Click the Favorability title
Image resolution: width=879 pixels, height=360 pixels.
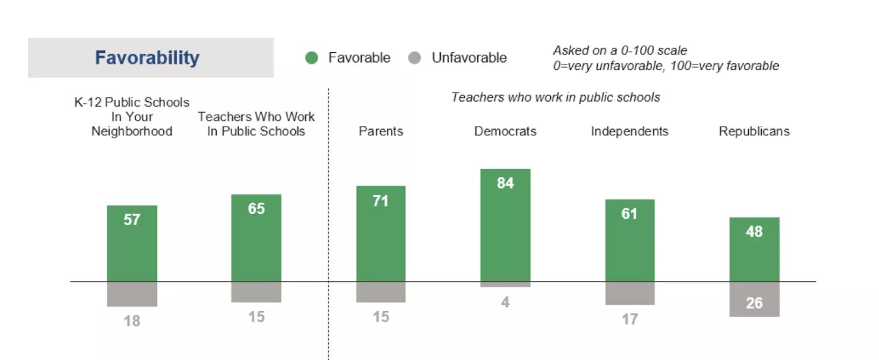[x=147, y=58]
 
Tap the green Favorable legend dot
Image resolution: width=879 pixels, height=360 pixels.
[x=312, y=58]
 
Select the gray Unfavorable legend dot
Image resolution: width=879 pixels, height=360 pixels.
[x=415, y=58]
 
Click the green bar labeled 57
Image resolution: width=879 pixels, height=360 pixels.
[x=132, y=243]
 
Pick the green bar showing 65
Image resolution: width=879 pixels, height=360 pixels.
[x=256, y=238]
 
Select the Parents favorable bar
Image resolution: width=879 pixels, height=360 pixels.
[x=381, y=234]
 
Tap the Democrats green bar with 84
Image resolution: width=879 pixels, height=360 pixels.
[x=505, y=225]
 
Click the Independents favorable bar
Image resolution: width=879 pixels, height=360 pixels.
[x=629, y=240]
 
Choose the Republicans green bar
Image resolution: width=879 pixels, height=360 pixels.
[x=754, y=250]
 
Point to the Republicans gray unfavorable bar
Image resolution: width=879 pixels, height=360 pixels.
[x=754, y=300]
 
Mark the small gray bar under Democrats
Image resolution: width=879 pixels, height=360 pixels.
[x=505, y=284]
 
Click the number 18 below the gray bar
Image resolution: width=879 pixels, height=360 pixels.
[x=132, y=321]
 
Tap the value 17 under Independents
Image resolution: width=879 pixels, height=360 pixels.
[x=629, y=320]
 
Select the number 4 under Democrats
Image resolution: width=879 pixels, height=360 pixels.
[x=505, y=303]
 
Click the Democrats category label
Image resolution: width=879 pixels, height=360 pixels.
[x=505, y=131]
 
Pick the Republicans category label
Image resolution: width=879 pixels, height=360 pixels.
[x=754, y=131]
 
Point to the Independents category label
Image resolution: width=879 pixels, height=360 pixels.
[x=629, y=131]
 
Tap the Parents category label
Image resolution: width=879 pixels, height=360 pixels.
[x=381, y=131]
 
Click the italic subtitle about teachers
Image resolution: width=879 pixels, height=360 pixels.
[x=556, y=97]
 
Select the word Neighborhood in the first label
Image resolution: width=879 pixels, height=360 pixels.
[x=132, y=131]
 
